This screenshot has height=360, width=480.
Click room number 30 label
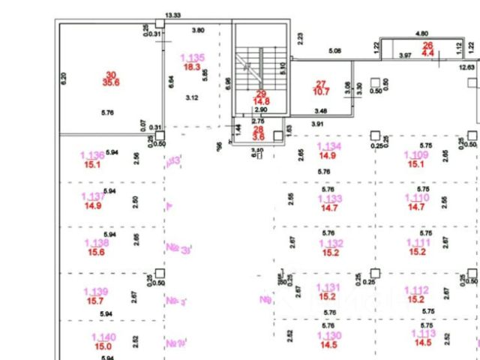coord(112,74)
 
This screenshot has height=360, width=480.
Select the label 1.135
coord(193,58)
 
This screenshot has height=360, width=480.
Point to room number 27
coord(322,83)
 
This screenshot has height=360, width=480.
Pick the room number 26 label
coord(428,46)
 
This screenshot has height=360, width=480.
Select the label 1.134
coord(329,147)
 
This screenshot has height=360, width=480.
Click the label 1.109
coord(416,155)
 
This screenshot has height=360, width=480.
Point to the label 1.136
coord(92,156)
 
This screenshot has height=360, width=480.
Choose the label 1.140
coord(103,337)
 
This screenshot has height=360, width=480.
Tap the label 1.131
coord(328,288)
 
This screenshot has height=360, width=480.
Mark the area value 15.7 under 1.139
coord(95,301)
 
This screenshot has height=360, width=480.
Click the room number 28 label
coord(258,129)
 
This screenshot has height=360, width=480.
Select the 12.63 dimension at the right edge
coord(467,67)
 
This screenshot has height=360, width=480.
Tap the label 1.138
coord(97,244)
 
